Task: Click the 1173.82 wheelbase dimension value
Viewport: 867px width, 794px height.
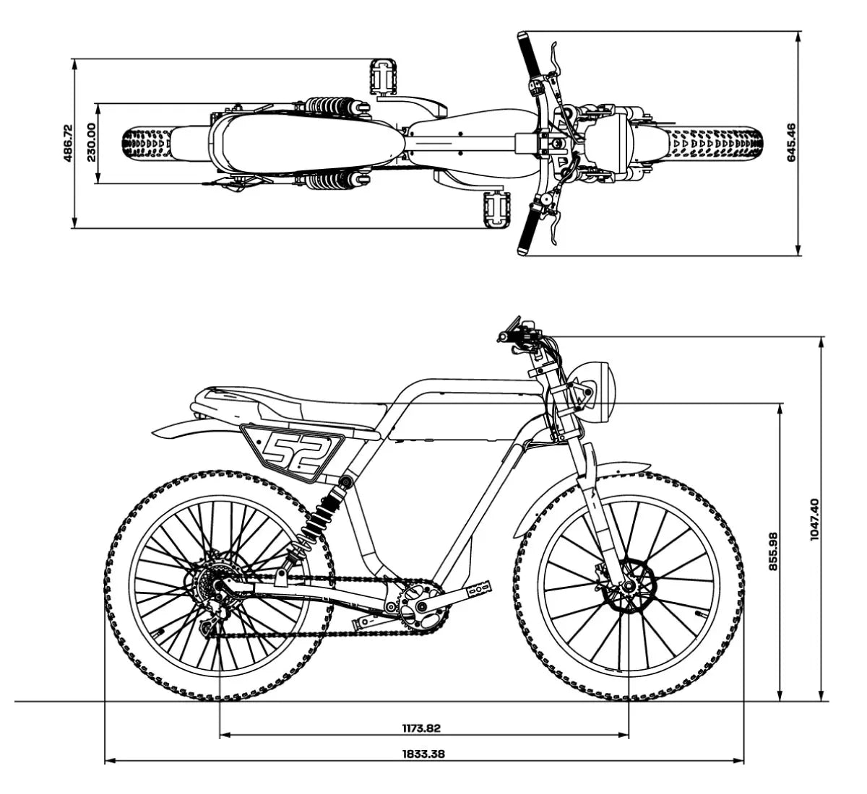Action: [421, 728]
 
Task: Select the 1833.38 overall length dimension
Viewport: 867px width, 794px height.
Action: [423, 754]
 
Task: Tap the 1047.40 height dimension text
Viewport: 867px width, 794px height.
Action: [814, 519]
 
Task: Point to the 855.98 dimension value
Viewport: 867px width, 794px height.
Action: [773, 551]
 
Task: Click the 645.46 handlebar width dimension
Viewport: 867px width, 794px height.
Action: [791, 142]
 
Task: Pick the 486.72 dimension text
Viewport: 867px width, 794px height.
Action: [68, 143]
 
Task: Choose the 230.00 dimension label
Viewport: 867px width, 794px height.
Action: [91, 142]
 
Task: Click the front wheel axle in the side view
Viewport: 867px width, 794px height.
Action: [628, 586]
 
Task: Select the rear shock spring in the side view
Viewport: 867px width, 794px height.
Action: [319, 518]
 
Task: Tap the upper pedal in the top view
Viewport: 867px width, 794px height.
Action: [383, 76]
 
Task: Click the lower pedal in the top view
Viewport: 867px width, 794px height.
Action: [496, 209]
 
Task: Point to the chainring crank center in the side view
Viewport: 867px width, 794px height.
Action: [420, 608]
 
